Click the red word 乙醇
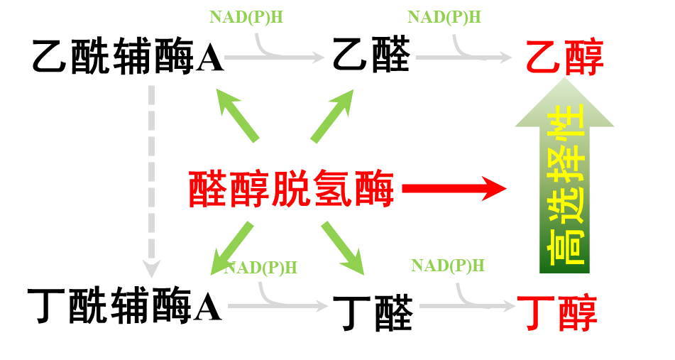(x=564, y=57)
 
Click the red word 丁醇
(x=557, y=312)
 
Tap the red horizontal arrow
(x=454, y=188)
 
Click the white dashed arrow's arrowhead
(x=151, y=269)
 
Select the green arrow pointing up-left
(x=237, y=115)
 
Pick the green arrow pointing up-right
(x=331, y=115)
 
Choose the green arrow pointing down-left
(x=232, y=249)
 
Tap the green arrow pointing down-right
(x=342, y=249)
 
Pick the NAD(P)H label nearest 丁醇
(x=447, y=266)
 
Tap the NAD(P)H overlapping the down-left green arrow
(x=260, y=268)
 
